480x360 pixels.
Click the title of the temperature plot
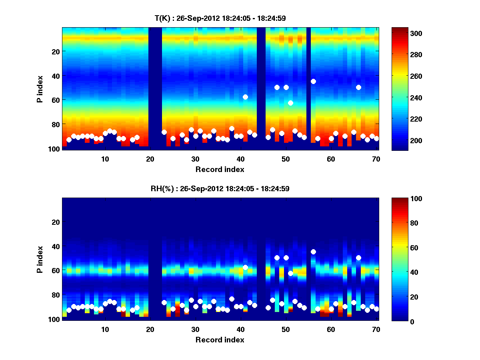(220, 18)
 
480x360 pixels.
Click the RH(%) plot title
(220, 189)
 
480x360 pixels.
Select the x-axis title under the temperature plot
(220, 169)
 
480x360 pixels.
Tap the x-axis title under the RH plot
(220, 340)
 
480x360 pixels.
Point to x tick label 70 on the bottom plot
(376, 329)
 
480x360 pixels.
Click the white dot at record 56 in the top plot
(313, 81)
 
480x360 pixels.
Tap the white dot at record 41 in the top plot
(245, 97)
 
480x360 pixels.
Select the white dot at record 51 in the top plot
(290, 103)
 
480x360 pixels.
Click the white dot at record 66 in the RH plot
(358, 258)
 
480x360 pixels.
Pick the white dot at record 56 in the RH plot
(313, 252)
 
